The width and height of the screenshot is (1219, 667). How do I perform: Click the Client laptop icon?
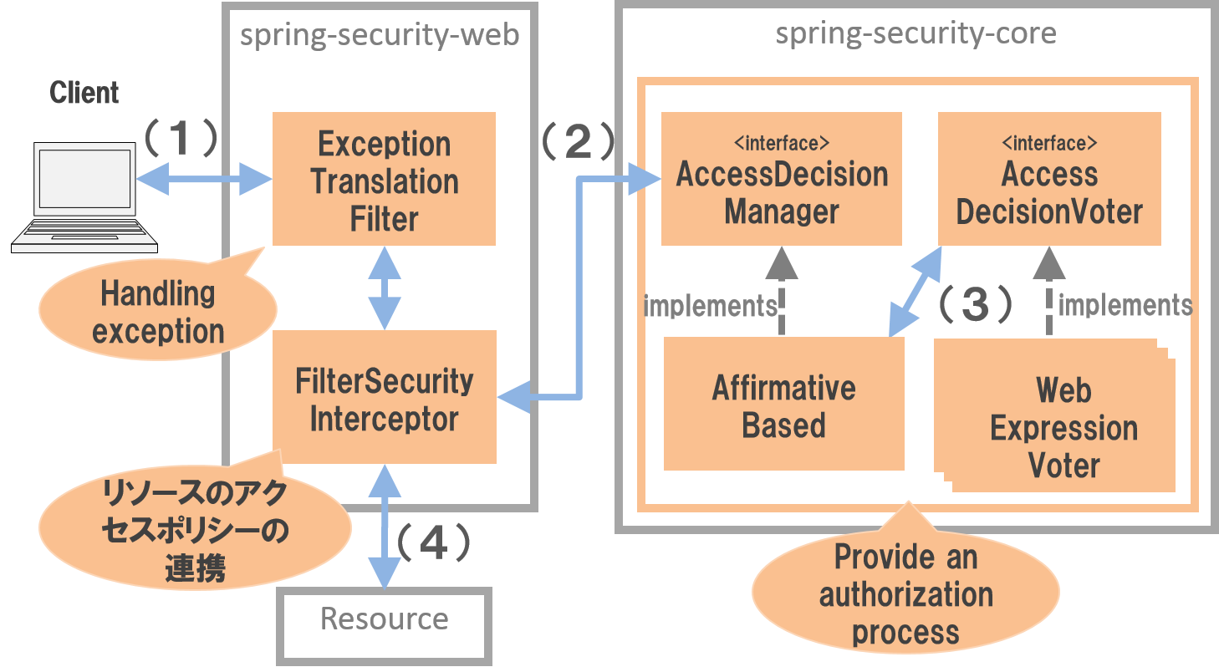click(x=84, y=197)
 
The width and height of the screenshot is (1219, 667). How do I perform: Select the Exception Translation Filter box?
click(x=384, y=179)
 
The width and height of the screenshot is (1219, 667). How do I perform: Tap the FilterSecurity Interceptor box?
click(x=384, y=397)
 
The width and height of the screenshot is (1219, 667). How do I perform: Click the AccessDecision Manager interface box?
click(x=781, y=179)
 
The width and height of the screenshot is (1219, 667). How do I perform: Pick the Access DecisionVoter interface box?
click(x=1048, y=179)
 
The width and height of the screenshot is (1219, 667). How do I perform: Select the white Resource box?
click(x=384, y=620)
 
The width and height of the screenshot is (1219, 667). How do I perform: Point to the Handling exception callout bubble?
click(x=158, y=311)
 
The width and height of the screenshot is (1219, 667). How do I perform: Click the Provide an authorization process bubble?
click(x=905, y=594)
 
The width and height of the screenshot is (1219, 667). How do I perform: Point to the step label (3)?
click(x=974, y=305)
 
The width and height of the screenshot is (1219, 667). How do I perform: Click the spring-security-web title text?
click(x=379, y=35)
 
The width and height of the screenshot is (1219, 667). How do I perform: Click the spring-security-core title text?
click(x=915, y=33)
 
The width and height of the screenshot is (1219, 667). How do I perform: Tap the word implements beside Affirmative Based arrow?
click(x=710, y=306)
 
